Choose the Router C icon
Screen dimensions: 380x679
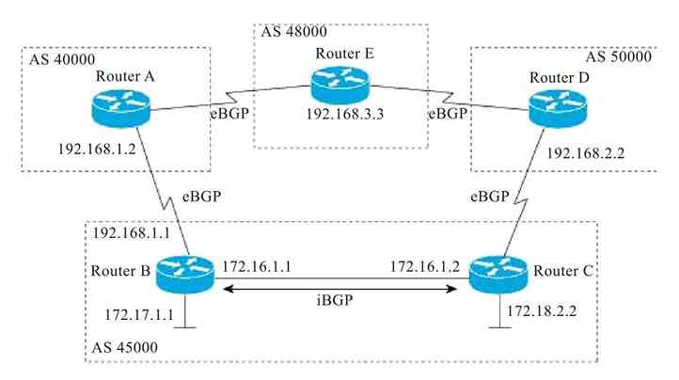(495, 273)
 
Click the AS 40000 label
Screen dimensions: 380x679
(55, 60)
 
